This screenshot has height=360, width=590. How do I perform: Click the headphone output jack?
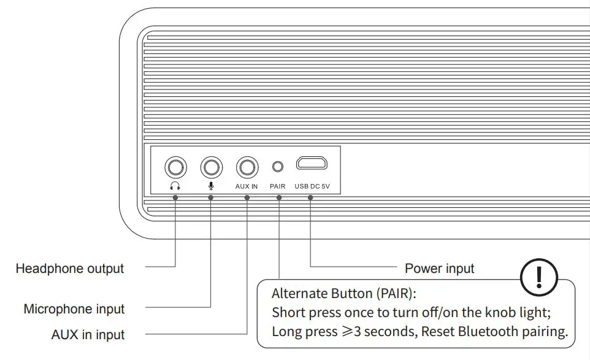click(x=175, y=167)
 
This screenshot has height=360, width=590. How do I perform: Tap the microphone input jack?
click(x=212, y=167)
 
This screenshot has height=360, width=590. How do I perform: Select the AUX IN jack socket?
click(x=247, y=167)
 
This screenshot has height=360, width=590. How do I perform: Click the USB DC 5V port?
click(x=312, y=164)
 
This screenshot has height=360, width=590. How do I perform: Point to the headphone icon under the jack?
click(x=175, y=186)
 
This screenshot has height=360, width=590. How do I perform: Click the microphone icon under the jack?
click(x=212, y=186)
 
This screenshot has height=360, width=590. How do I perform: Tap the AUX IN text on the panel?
click(x=247, y=186)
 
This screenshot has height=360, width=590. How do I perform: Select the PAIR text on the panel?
click(x=278, y=186)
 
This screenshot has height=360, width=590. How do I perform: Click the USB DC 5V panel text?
click(x=312, y=186)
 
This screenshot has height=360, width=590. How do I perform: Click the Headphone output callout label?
click(x=70, y=269)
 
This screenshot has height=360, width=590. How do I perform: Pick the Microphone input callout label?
click(x=74, y=309)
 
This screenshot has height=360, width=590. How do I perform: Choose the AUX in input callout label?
click(x=88, y=335)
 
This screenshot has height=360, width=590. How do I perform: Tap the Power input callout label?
click(x=440, y=269)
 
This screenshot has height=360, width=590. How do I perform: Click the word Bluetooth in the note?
click(x=472, y=332)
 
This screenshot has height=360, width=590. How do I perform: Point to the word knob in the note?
click(x=501, y=312)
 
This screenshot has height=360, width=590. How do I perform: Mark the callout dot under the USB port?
click(x=310, y=197)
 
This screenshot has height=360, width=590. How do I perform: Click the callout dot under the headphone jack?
click(x=175, y=197)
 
